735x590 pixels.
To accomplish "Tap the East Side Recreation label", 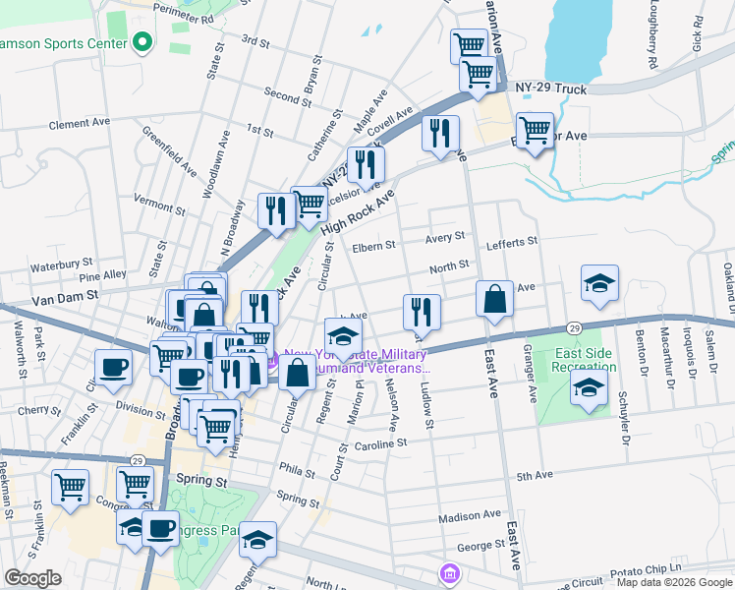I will click(586, 360).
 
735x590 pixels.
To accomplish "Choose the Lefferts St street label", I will click(512, 240).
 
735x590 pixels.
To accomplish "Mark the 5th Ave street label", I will click(536, 476).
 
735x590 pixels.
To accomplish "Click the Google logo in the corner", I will click(32, 578).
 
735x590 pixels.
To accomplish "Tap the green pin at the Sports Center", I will click(142, 42).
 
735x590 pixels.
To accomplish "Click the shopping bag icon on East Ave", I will click(495, 299).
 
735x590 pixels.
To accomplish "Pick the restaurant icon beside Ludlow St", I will click(422, 312).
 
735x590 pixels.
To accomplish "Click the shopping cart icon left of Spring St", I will click(135, 484).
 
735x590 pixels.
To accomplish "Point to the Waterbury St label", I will click(61, 265).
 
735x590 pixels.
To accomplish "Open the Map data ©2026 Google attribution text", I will click(674, 582).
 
